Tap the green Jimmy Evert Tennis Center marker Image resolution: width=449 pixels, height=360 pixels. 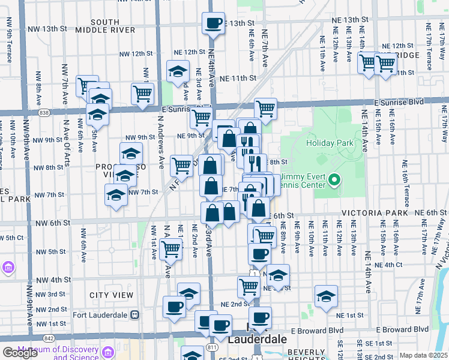(336, 179)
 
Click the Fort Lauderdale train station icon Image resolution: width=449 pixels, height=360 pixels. (135, 314)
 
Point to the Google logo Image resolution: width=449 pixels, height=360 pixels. (20, 353)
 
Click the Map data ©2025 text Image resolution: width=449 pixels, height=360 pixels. (423, 355)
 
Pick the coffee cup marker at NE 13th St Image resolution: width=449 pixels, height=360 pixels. (213, 24)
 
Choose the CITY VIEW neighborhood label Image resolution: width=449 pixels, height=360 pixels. (111, 295)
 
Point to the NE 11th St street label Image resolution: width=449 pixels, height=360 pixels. (238, 78)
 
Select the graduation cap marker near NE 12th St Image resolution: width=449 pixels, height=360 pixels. (178, 72)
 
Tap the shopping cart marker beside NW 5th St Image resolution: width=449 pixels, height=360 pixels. (171, 250)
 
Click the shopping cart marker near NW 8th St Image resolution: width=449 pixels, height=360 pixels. (181, 166)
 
